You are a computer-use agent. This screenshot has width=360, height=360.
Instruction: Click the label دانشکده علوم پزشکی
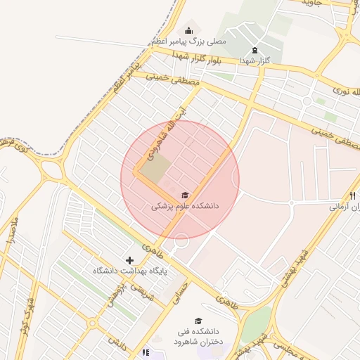click(x=185, y=207)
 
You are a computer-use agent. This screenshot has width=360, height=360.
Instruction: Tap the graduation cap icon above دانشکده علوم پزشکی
click(x=185, y=195)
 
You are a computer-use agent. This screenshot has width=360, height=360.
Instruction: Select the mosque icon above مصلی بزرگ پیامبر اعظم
click(x=188, y=30)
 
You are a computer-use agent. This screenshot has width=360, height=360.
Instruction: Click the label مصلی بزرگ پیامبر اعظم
click(x=188, y=42)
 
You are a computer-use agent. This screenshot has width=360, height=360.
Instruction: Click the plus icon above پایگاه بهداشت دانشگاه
click(x=129, y=261)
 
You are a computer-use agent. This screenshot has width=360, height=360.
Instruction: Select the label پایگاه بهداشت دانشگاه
click(x=129, y=271)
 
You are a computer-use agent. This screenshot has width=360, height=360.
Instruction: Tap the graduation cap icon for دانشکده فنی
click(x=198, y=321)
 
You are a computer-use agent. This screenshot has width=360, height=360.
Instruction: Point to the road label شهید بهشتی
click(x=295, y=268)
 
